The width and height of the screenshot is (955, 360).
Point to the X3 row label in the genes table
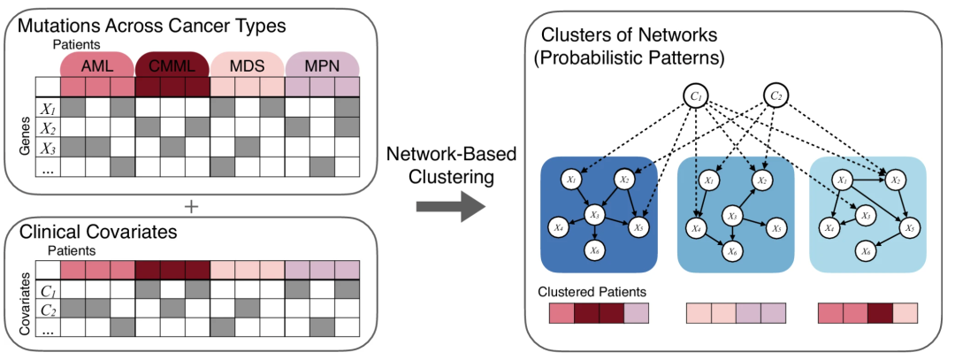(x=48, y=146)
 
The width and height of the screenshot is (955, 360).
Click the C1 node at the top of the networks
(x=696, y=96)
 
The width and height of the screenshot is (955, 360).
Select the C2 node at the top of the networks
(x=777, y=96)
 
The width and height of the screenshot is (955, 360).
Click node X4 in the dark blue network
(x=559, y=228)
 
